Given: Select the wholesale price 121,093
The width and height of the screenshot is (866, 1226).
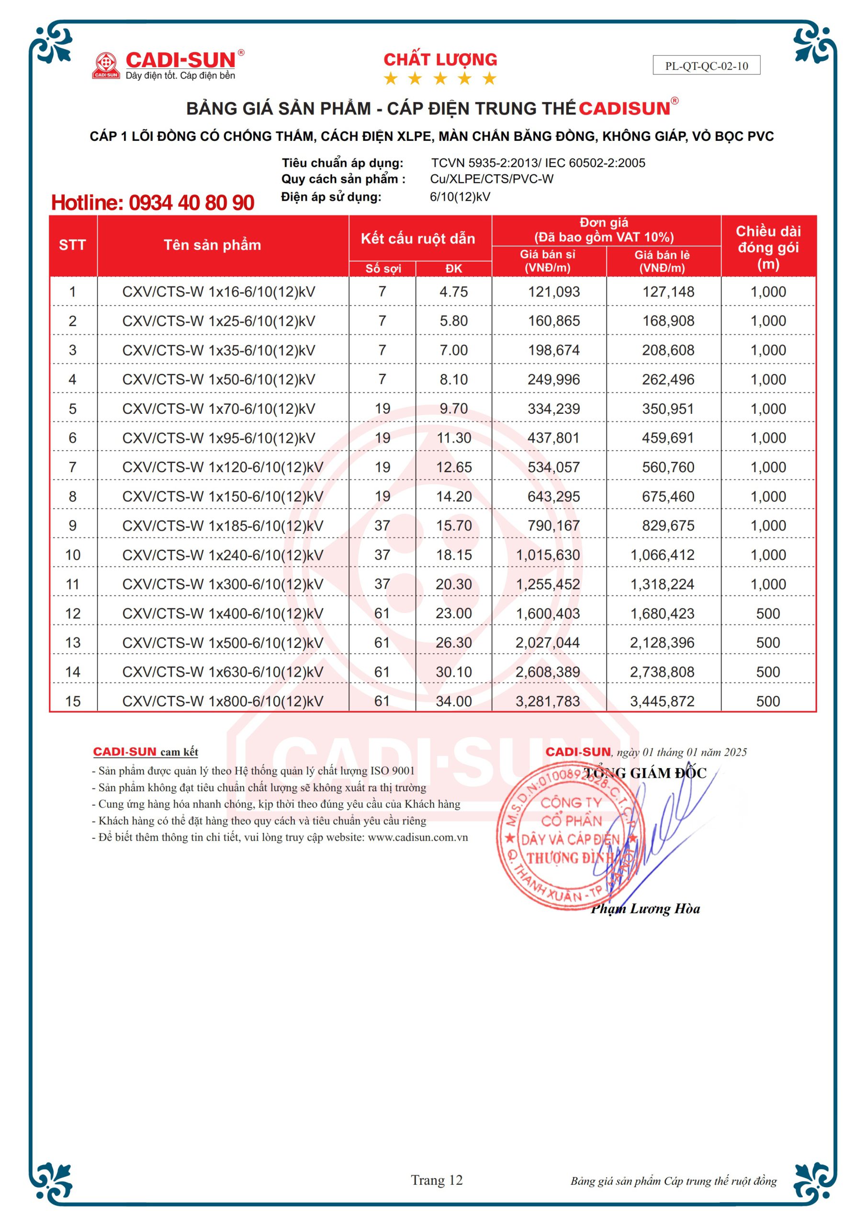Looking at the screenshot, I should click(554, 292).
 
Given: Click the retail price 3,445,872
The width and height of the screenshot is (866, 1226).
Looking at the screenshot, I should click(662, 701).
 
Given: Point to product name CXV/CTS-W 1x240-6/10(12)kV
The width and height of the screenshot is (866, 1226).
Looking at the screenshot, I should click(223, 556).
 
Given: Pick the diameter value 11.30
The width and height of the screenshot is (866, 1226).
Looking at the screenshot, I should click(454, 438).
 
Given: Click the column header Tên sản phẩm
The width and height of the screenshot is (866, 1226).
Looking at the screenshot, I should click(212, 245).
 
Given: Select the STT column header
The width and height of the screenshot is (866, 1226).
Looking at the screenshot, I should click(72, 245).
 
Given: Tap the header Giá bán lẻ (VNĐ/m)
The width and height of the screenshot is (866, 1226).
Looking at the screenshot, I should click(662, 261).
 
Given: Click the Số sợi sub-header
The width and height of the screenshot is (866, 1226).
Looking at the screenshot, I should click(383, 269).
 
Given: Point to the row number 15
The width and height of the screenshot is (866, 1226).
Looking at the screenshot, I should click(73, 701).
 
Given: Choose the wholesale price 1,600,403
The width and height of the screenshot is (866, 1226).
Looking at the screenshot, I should click(548, 613).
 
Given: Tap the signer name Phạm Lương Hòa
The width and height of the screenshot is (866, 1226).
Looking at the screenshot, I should click(645, 909).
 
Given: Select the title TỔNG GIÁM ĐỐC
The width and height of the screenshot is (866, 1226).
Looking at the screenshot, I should click(645, 773).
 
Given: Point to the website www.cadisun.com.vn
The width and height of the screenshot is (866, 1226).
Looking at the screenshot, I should click(417, 837).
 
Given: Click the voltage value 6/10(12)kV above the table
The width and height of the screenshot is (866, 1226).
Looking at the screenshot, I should click(460, 197).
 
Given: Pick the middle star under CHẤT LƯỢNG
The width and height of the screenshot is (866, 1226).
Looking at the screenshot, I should click(440, 79).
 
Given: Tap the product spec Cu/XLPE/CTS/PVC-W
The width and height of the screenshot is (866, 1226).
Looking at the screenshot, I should click(491, 179).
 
